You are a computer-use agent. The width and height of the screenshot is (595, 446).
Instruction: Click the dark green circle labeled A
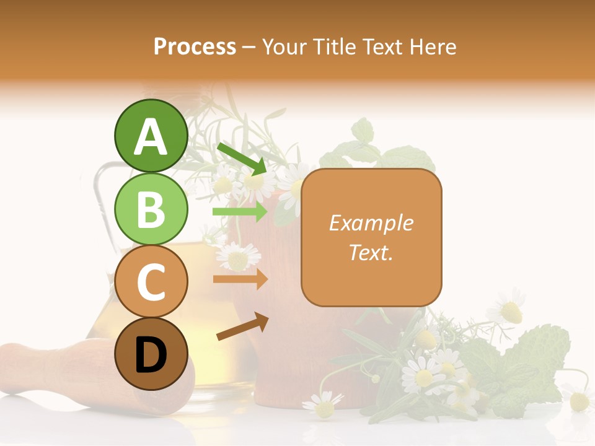coord(151,136)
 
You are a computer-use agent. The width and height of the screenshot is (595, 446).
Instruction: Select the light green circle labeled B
coord(151,209)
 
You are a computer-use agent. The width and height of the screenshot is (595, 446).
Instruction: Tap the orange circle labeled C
coord(151,282)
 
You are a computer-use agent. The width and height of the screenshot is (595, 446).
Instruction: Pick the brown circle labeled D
coord(151,354)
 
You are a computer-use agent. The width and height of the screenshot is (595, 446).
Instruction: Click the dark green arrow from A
coord(242,159)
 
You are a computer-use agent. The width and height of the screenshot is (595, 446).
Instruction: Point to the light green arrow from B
coord(240,212)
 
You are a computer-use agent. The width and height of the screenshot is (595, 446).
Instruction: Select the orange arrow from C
coord(240,279)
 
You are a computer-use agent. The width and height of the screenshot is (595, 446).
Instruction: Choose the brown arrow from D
coord(242,326)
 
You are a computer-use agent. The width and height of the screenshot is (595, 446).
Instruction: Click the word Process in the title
coord(195,47)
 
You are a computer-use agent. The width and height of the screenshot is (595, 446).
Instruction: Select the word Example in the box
coord(371,223)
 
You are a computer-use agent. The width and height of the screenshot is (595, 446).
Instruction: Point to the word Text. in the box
coord(371,252)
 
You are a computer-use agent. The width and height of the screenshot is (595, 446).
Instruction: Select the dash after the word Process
coord(249,47)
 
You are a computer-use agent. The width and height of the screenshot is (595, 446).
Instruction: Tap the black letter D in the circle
coord(151,356)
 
